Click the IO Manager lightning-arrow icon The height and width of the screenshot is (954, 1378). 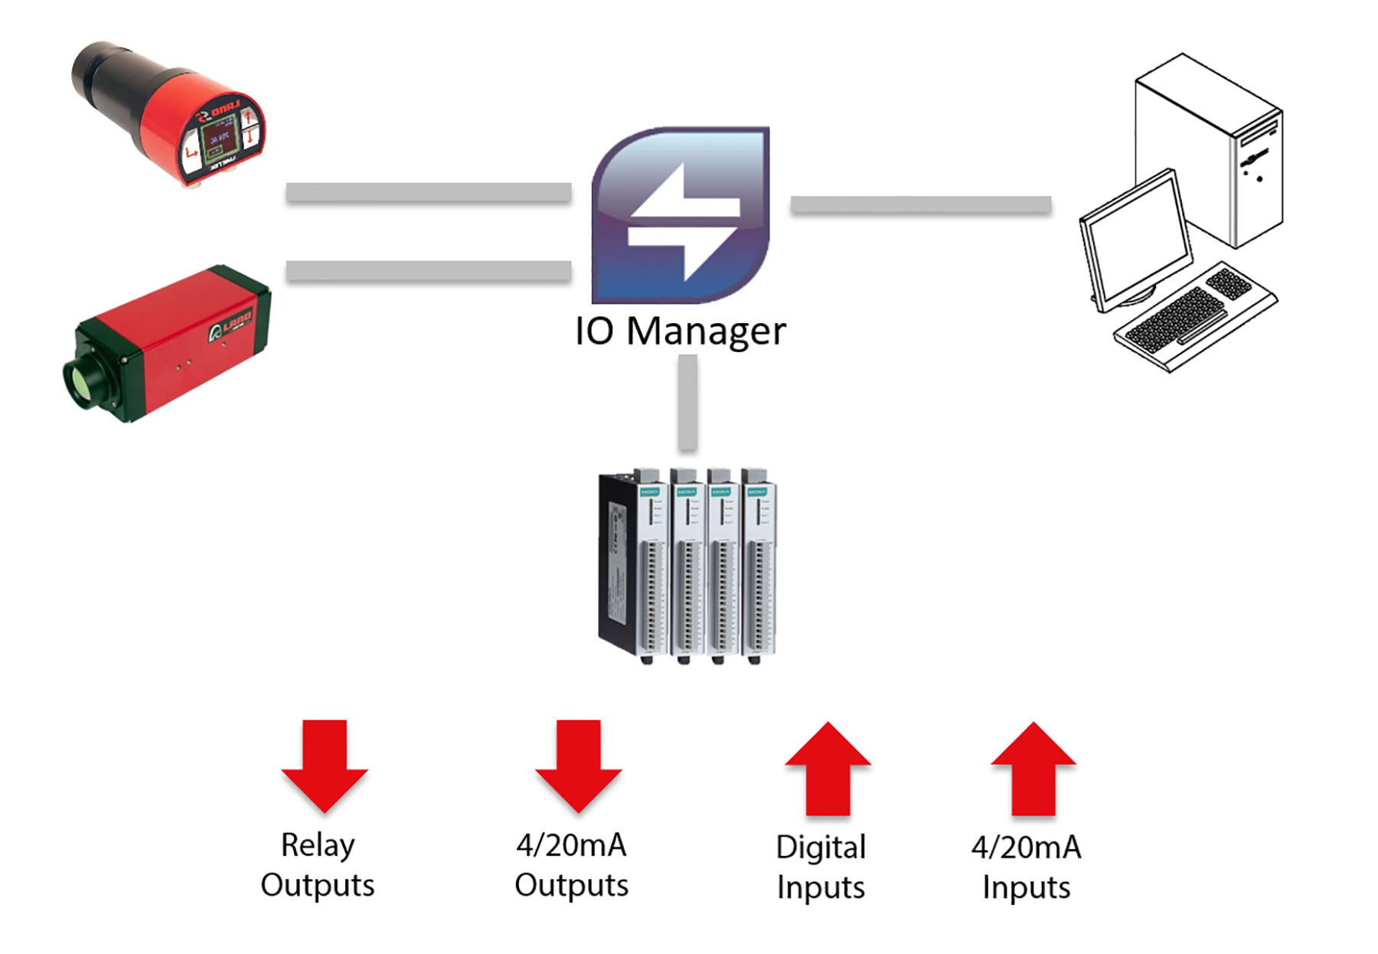tap(681, 215)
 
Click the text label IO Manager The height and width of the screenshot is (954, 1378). tap(681, 332)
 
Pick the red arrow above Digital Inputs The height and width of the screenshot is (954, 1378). tap(828, 769)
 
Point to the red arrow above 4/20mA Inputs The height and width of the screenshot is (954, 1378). tap(1033, 769)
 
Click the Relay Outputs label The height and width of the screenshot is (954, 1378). tap(318, 865)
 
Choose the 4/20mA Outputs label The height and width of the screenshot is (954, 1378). tap(571, 865)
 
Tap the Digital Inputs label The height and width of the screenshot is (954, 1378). tap(821, 867)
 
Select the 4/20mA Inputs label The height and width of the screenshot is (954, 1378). tap(1027, 867)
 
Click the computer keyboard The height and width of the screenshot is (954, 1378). tap(1194, 318)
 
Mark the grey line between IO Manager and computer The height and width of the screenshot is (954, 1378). tap(920, 204)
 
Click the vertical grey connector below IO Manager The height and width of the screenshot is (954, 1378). tap(687, 402)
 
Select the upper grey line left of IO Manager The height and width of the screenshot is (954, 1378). tap(429, 192)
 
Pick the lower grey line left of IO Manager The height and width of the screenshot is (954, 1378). tap(429, 271)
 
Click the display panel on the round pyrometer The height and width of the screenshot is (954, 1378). tap(217, 140)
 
